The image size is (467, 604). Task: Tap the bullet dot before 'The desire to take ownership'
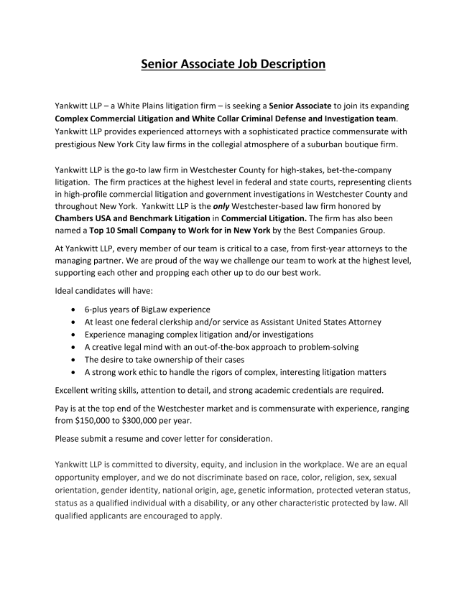tap(75, 359)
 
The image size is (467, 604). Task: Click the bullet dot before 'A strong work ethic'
tap(75, 372)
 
